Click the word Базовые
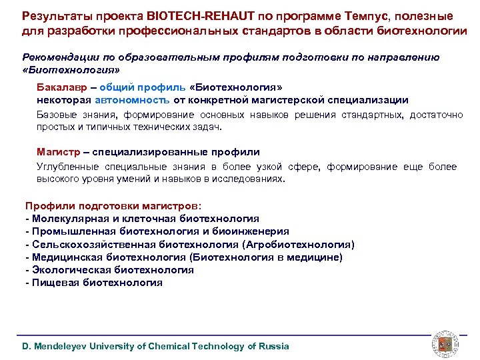click(x=55, y=115)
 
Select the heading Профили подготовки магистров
click(x=111, y=206)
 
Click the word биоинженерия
click(x=254, y=231)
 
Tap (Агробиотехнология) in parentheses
click(x=299, y=244)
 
